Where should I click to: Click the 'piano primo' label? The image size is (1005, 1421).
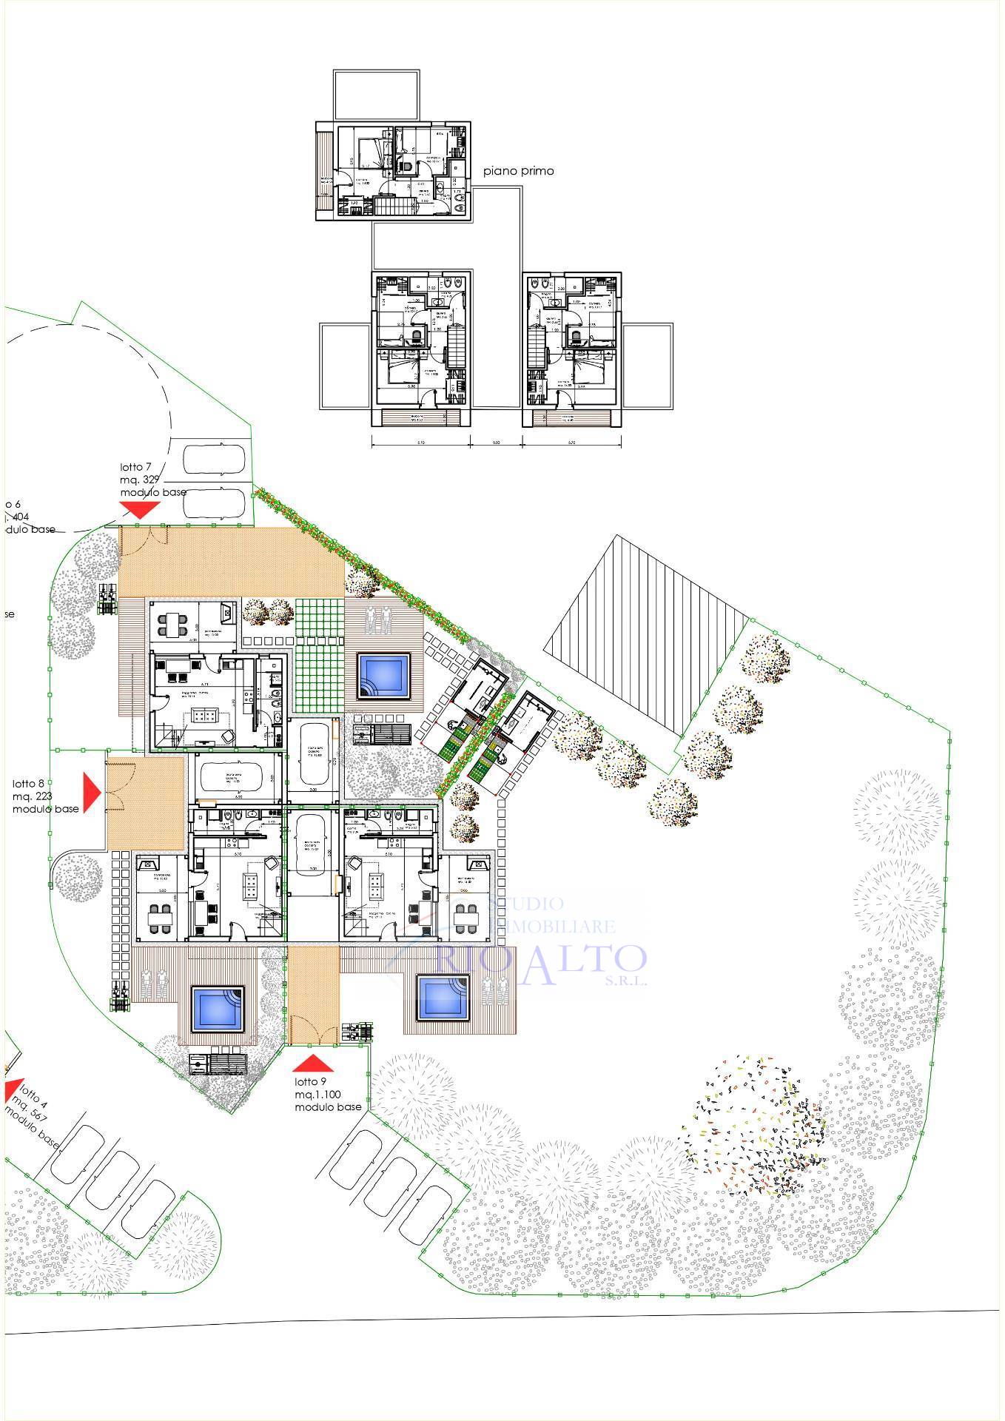tap(518, 171)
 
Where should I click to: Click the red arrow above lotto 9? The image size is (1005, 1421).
tap(313, 1064)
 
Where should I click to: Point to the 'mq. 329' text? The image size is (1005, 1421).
tap(141, 480)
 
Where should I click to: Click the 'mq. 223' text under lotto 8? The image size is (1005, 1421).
tap(33, 796)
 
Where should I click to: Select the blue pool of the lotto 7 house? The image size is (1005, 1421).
tap(383, 675)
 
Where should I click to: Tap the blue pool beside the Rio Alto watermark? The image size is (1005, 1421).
tap(443, 998)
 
